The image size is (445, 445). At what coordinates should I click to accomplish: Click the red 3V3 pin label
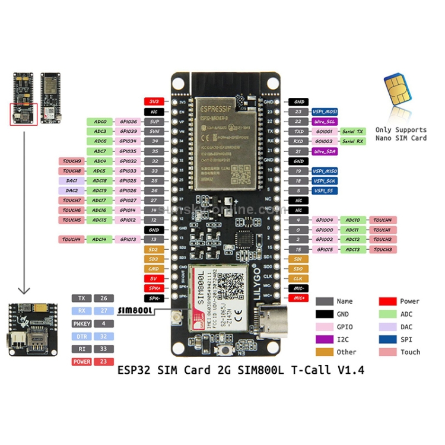tap(154, 102)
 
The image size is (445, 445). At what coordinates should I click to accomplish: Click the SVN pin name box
tap(154, 131)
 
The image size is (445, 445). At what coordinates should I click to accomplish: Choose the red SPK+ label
tap(154, 288)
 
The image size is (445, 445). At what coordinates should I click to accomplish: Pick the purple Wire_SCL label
tap(325, 121)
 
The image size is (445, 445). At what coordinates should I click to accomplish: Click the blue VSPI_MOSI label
tap(325, 112)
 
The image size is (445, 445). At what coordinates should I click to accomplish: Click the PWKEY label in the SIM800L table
tap(81, 324)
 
